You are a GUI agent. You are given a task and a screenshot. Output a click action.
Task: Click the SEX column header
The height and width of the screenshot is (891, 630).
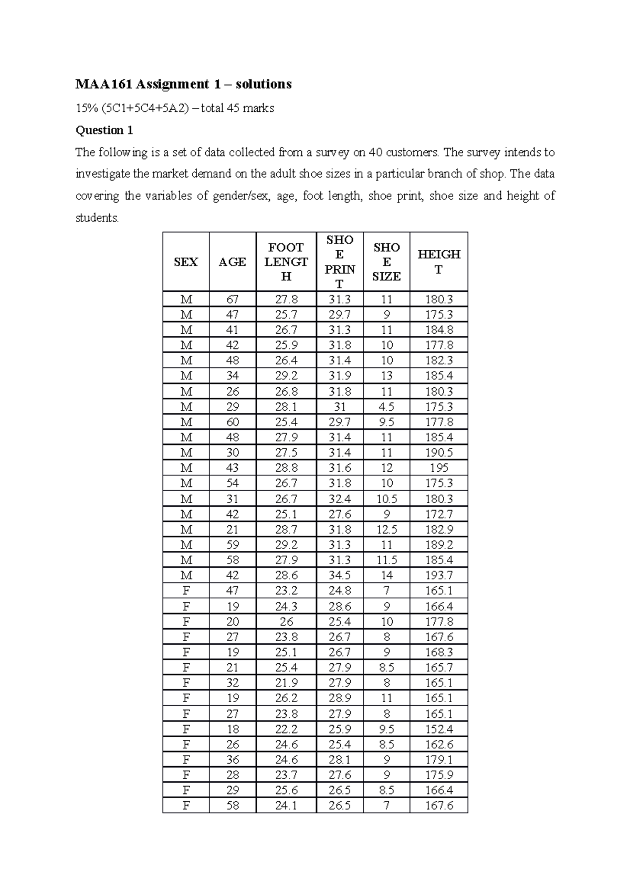click(x=185, y=262)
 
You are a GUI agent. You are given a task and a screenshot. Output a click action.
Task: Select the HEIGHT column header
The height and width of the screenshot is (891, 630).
click(x=438, y=262)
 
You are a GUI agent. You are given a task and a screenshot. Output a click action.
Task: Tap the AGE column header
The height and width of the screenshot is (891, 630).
click(x=232, y=262)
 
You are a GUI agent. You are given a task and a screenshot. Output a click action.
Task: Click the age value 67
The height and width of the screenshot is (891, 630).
click(x=232, y=299)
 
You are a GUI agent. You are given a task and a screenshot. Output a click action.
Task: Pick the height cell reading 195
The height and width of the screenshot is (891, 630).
click(x=438, y=468)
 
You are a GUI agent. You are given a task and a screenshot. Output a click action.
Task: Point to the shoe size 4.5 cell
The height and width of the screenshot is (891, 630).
click(x=386, y=407)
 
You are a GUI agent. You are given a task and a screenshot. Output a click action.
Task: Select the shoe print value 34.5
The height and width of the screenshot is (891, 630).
click(x=339, y=575)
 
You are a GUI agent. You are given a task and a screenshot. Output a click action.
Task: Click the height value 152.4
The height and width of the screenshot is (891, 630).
click(x=438, y=729)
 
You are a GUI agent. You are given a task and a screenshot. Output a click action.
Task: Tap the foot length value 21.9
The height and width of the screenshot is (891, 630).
click(x=286, y=683)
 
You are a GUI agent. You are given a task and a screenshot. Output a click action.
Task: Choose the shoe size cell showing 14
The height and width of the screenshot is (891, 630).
click(x=386, y=575)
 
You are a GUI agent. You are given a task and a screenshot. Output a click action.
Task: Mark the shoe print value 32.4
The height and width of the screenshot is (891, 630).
click(x=339, y=498)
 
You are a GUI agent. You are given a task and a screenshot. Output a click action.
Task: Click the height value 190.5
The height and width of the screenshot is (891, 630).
click(x=438, y=452)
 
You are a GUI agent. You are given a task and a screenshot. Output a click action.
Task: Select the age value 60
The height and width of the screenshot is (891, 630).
click(x=232, y=422)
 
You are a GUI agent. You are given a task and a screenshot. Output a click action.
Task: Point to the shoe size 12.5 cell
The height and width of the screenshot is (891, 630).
click(x=386, y=529)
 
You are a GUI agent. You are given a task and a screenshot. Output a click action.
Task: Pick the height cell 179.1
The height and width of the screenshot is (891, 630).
click(x=438, y=759)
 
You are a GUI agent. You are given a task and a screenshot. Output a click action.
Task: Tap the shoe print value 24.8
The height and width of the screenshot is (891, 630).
click(x=339, y=590)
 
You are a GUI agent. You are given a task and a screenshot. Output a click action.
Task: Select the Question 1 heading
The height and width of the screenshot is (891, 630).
click(x=100, y=130)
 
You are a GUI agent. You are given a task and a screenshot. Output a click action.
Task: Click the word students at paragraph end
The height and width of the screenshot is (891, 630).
click(x=97, y=218)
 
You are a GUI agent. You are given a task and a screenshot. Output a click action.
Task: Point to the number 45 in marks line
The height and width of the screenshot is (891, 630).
click(x=236, y=109)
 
